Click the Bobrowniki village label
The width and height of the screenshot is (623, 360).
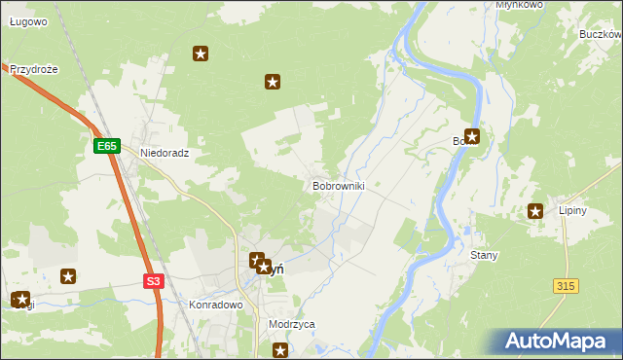[338, 185]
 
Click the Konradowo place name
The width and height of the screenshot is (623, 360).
[214, 304]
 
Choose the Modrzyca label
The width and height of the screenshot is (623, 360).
[291, 324]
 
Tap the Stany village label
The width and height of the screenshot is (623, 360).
[484, 255]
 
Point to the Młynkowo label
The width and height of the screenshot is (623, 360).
[518, 5]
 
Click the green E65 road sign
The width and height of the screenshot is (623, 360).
[107, 146]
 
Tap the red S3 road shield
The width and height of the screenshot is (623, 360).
[153, 281]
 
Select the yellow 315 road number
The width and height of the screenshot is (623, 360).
[566, 285]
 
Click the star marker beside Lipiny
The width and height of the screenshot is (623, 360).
[535, 210]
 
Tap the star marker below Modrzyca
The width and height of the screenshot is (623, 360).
[280, 350]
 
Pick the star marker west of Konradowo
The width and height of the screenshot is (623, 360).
[68, 276]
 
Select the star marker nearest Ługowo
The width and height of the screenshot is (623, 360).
[201, 54]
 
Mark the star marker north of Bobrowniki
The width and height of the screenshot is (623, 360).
[273, 83]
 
